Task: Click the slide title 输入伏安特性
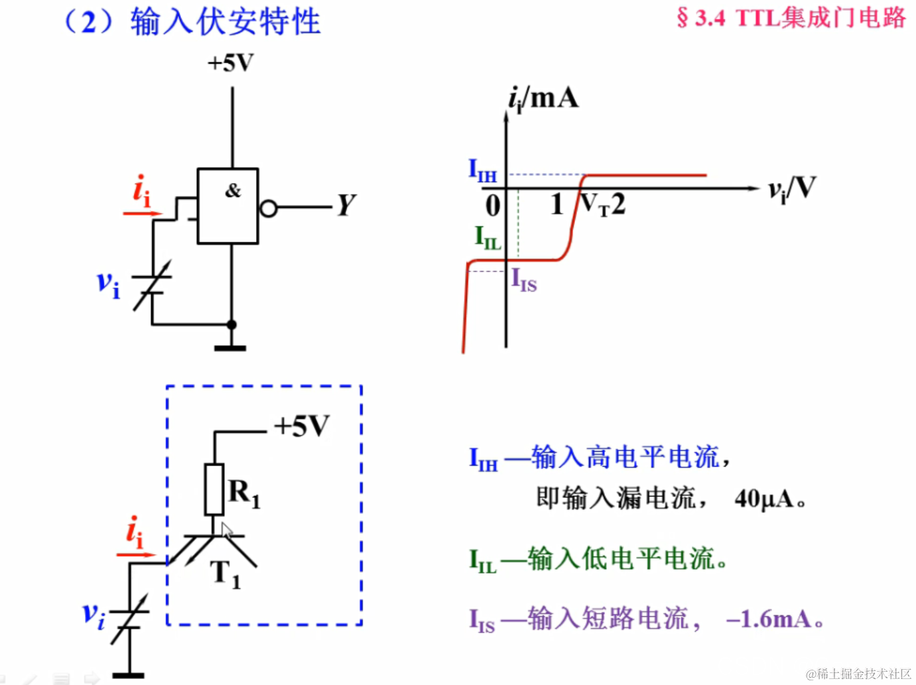[226, 22]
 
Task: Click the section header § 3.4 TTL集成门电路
[791, 18]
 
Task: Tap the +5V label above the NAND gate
[230, 64]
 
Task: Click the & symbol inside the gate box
[232, 191]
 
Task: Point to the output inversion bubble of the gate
[268, 209]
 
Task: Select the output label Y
[346, 206]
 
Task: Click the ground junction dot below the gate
[231, 324]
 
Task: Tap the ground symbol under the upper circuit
[230, 347]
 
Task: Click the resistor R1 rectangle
[214, 489]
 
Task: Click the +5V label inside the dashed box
[302, 426]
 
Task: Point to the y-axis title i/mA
[543, 99]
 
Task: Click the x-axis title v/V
[791, 189]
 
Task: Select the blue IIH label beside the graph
[482, 170]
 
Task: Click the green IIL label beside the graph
[488, 237]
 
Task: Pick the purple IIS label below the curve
[523, 280]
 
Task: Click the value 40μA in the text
[763, 499]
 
